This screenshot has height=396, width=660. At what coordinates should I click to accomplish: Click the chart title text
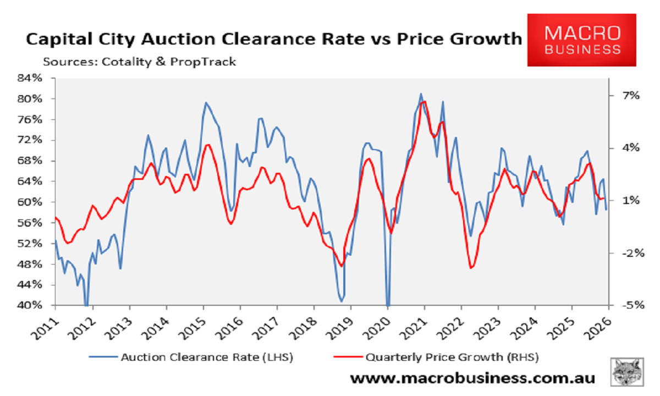[273, 40]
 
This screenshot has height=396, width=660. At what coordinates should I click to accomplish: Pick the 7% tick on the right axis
[631, 96]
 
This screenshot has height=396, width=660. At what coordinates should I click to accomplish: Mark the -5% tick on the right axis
[630, 305]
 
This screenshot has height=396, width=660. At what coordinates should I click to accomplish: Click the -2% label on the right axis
[630, 253]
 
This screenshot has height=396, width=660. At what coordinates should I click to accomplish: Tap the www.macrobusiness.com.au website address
[472, 378]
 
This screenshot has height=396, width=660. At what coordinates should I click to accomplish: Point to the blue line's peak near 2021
[421, 94]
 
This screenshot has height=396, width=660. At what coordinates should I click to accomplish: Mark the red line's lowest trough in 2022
[471, 268]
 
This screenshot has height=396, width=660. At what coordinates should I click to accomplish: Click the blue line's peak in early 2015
[206, 103]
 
